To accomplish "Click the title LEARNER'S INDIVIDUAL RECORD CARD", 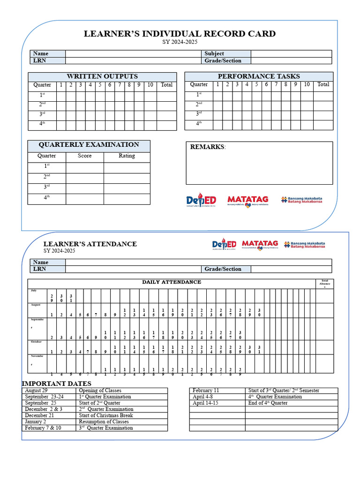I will (x=180, y=34).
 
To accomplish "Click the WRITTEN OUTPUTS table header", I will (x=102, y=76).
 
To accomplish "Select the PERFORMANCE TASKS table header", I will (x=259, y=76).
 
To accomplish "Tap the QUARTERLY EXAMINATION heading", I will (x=89, y=145).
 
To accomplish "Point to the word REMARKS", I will (x=207, y=147).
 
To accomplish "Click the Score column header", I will (x=84, y=156).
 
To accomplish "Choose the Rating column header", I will (x=127, y=156).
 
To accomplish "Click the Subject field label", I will (x=214, y=53).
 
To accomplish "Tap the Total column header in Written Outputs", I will (x=166, y=85).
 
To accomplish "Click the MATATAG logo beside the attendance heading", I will (x=260, y=244).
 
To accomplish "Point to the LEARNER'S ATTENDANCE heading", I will (x=90, y=244).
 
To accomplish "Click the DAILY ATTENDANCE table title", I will (x=172, y=282).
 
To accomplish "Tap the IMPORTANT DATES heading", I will (x=57, y=384).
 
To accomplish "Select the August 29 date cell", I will (x=36, y=390).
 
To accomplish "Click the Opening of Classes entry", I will (x=100, y=390).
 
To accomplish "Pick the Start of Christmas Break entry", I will (x=105, y=415).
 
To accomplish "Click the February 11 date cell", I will (x=206, y=390).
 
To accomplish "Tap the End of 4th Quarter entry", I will (x=268, y=403).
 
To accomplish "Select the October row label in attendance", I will (x=36, y=341).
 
